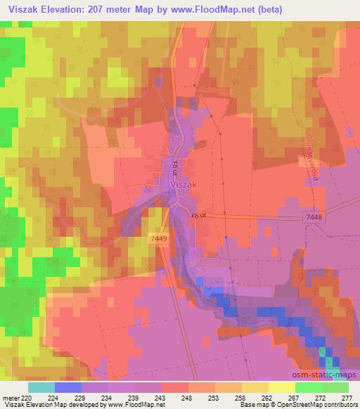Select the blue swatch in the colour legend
point(68,387)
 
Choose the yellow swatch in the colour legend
point(281,387)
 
